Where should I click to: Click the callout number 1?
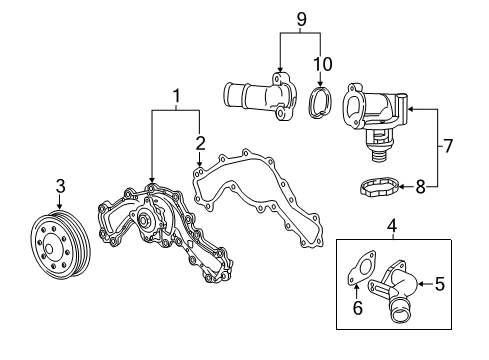pos(176,97)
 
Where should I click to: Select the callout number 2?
pos(200,141)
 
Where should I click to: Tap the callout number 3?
pos(60,185)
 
